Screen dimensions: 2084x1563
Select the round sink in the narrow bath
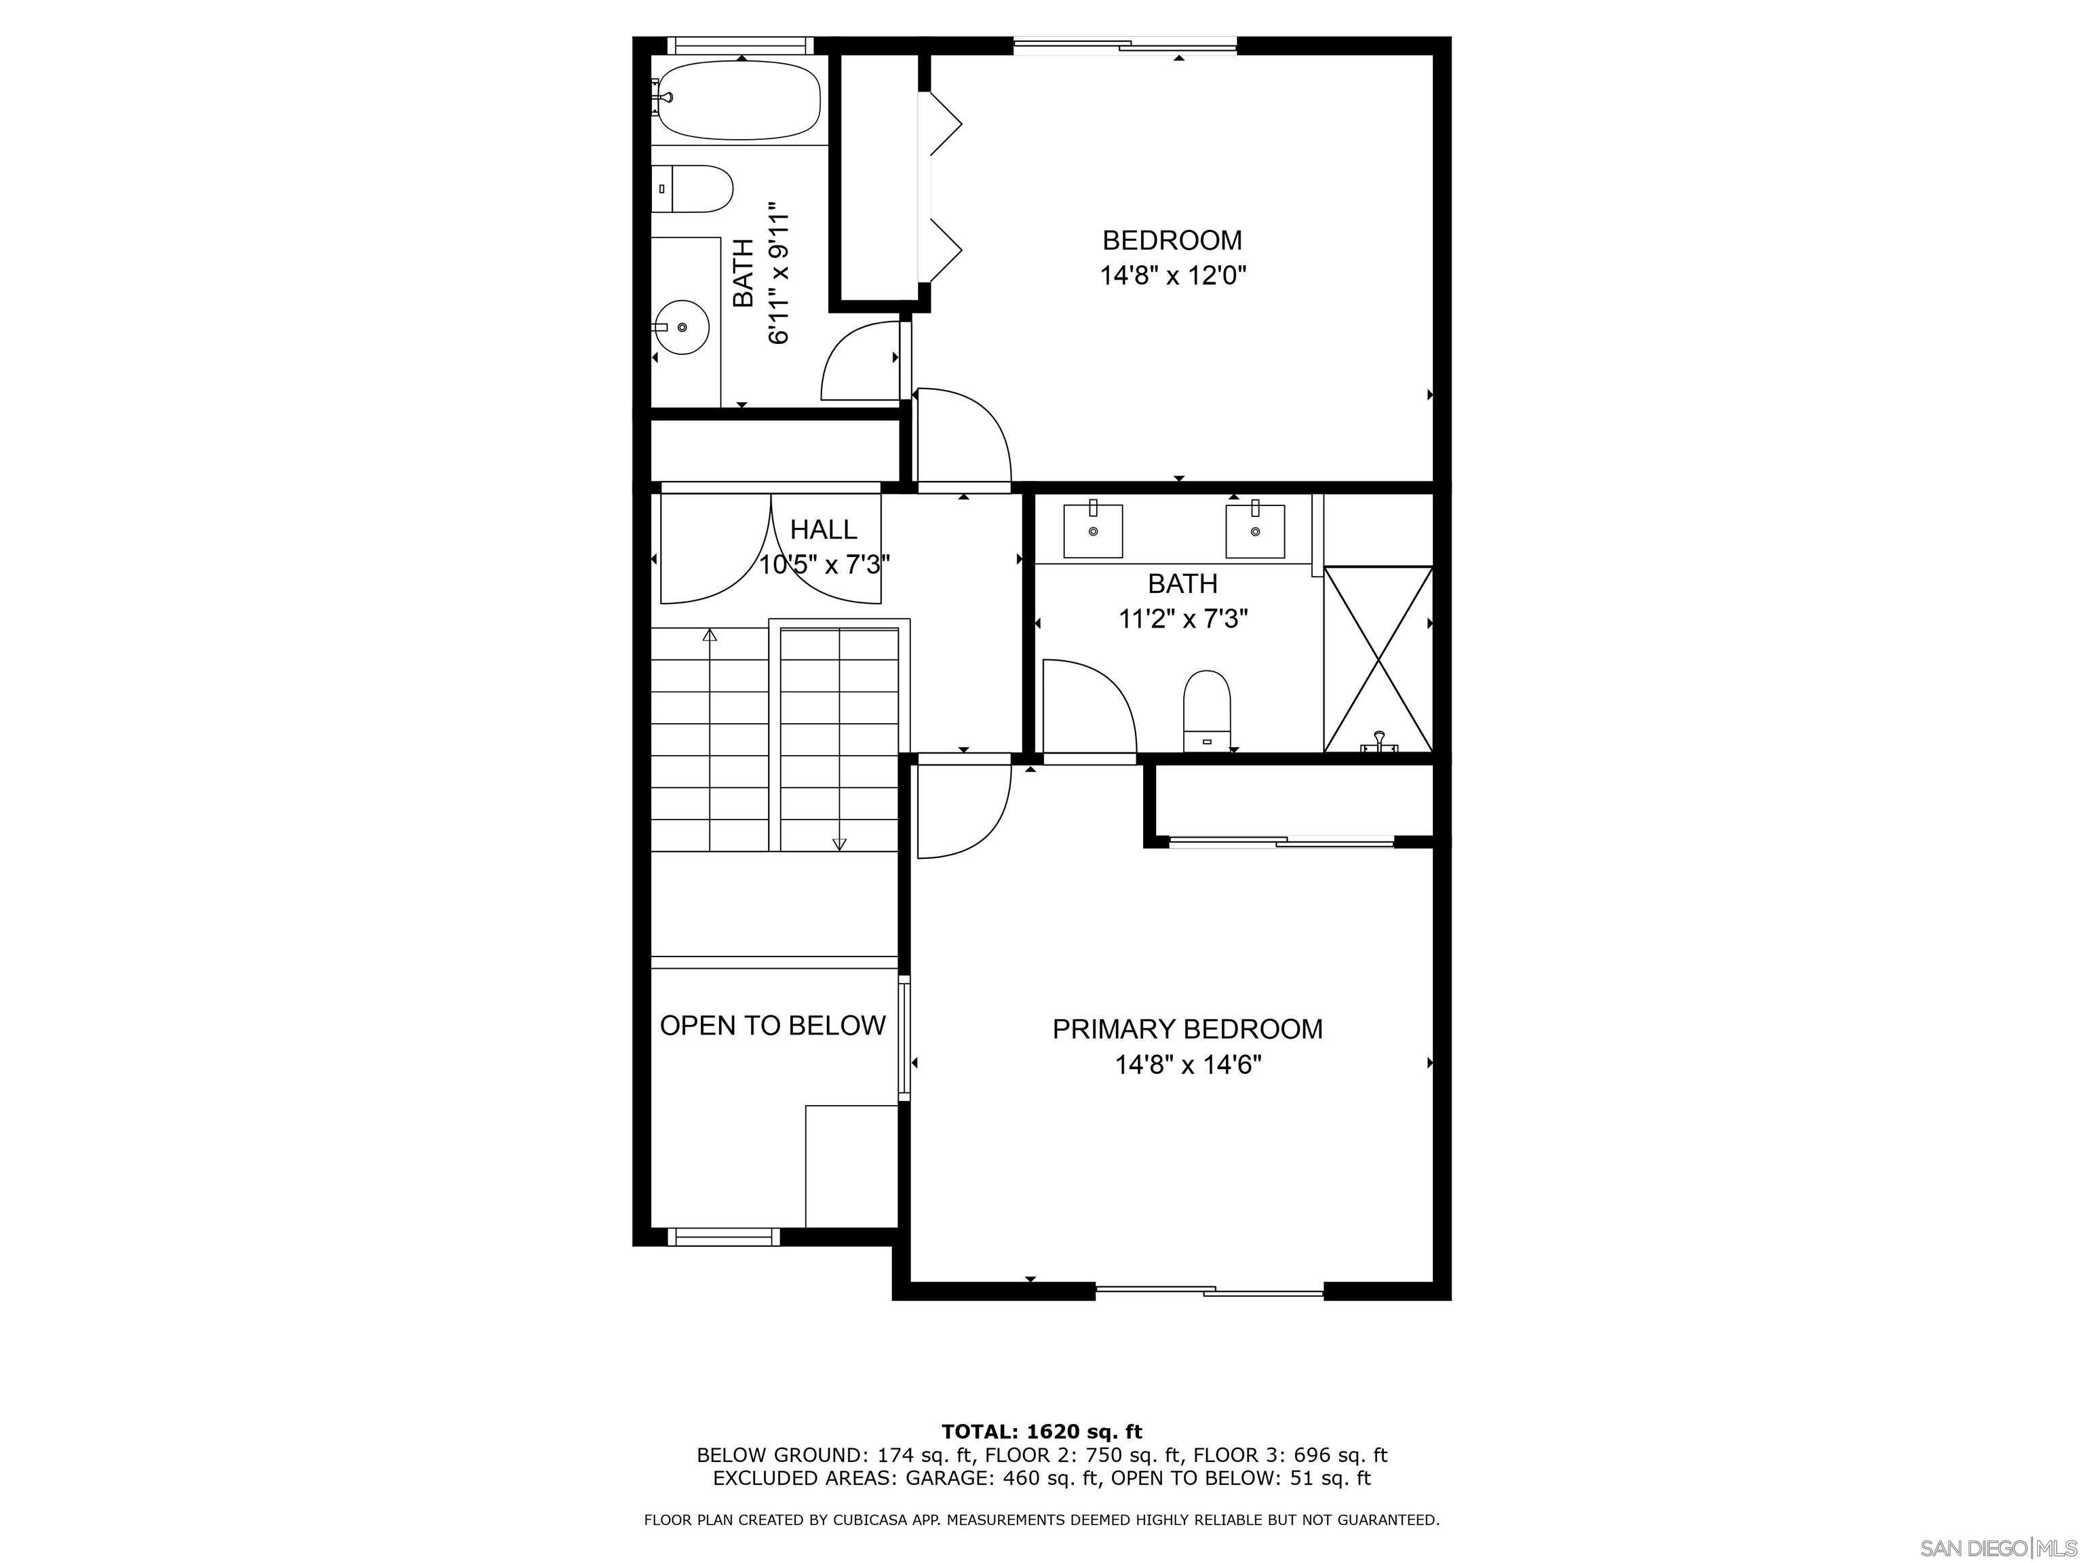(681, 327)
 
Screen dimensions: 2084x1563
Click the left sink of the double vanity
(1093, 530)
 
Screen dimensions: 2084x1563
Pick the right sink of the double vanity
(1255, 530)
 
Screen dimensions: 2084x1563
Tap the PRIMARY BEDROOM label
(1187, 1029)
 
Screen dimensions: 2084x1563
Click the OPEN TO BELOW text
(773, 1025)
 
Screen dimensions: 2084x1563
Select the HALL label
(824, 529)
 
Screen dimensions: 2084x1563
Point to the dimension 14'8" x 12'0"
(1174, 276)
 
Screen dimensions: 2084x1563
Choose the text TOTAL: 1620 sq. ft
(1042, 1432)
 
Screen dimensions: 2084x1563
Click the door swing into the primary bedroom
(964, 810)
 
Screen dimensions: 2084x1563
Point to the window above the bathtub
(741, 45)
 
